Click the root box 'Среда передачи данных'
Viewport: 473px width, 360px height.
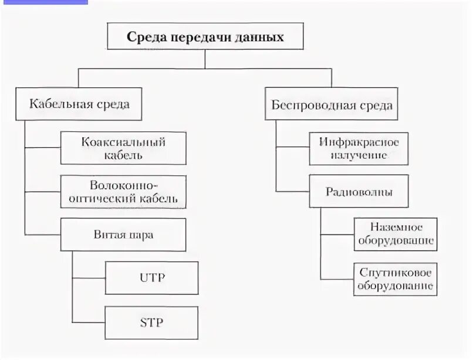[x=205, y=38]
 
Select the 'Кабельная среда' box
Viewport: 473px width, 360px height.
[x=79, y=104]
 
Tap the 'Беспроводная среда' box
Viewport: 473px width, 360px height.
[x=332, y=106]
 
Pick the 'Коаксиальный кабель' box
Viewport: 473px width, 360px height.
[x=123, y=148]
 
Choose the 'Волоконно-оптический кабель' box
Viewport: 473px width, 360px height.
[x=123, y=191]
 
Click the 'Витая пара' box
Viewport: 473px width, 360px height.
[x=123, y=235]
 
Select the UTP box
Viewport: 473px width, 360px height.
[x=151, y=278]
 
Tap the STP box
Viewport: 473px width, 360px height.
[x=151, y=321]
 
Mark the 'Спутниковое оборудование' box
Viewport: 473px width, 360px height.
[x=395, y=279]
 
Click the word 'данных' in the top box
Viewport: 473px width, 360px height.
[x=258, y=38]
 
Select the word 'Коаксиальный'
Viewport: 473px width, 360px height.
[x=124, y=142]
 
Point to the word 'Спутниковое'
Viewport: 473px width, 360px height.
[x=395, y=273]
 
